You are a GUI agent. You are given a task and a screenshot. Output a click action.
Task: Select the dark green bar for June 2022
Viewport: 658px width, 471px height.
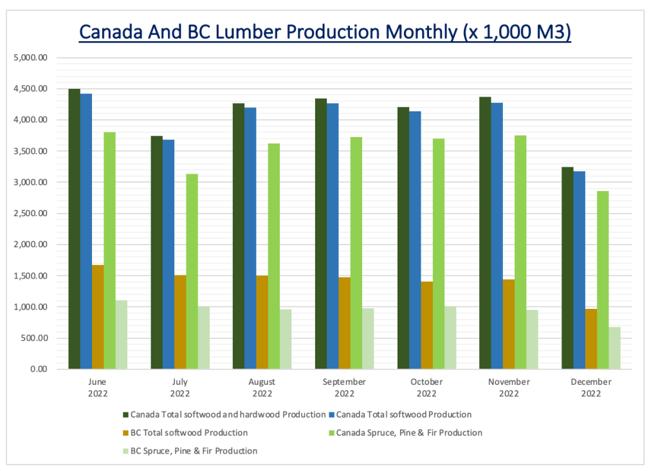pyautogui.click(x=74, y=229)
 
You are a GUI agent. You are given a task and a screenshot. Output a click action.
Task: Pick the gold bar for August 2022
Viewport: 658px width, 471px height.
pyautogui.click(x=262, y=322)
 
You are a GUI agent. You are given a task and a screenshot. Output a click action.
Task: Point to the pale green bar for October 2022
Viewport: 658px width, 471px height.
pyautogui.click(x=450, y=338)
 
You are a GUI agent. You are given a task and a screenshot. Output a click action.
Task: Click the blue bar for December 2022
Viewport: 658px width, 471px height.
pyautogui.click(x=580, y=270)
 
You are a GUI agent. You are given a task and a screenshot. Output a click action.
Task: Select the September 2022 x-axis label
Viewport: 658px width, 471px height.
pyautogui.click(x=345, y=387)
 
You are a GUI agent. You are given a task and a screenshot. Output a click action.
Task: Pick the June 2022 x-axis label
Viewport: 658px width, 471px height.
pyautogui.click(x=98, y=387)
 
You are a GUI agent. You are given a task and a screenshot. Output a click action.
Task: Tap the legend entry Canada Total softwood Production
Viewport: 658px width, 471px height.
pyautogui.click(x=403, y=414)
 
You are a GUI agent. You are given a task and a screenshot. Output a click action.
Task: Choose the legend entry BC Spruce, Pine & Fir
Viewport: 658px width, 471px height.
pyautogui.click(x=194, y=451)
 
